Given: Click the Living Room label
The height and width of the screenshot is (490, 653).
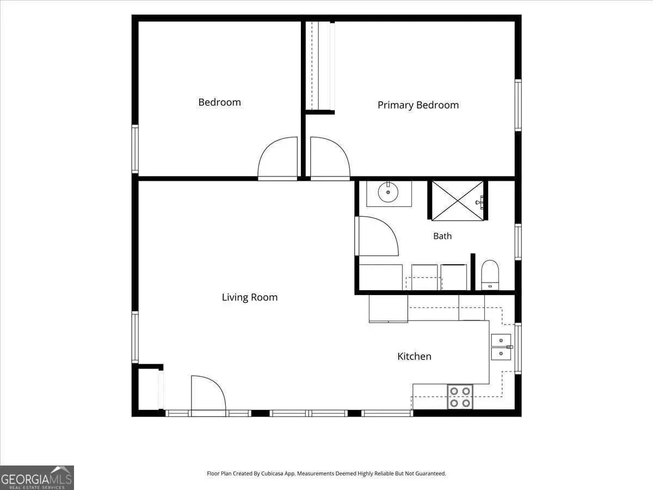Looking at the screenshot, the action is pos(250,297).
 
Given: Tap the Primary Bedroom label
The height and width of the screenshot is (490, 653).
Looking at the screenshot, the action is pos(418,105).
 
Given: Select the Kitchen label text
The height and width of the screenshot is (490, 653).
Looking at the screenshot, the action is pos(414,356).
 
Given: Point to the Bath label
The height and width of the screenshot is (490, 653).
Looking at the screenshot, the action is pos(442,236).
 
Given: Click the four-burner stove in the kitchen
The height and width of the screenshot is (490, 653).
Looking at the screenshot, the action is pos(460,396).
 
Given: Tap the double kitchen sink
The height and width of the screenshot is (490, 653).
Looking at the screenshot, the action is pos(501,347).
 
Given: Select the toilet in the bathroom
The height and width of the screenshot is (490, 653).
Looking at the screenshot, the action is pos(490,274).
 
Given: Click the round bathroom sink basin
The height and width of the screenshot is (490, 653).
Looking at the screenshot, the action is pos(388,192).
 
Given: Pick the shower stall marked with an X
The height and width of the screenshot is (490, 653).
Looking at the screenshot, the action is pos(458,200).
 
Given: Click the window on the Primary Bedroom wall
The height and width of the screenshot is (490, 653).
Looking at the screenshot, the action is pos(518,105).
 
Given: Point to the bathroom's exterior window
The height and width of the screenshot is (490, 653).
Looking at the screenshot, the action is pos(518,242).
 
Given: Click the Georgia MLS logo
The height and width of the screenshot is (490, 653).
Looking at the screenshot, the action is pos(37,477).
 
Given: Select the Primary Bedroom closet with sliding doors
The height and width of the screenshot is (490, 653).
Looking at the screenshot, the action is pos(321,66).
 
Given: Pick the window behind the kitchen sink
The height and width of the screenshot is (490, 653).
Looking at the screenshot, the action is pos(518,348).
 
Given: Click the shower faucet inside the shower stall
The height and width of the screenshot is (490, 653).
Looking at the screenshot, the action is pos(480,203).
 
